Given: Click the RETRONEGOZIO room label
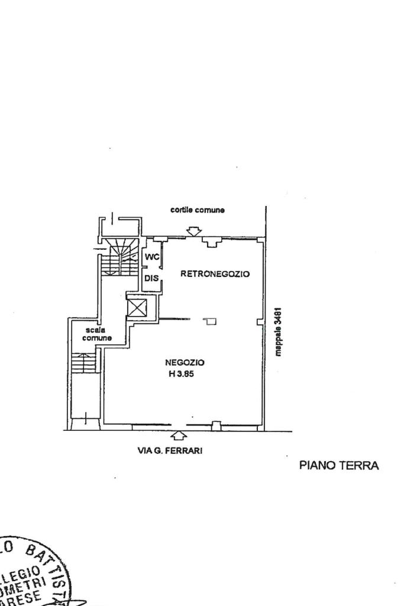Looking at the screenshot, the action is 215,274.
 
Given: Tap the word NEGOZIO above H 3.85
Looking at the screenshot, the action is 185,362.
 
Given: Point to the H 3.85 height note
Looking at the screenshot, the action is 185,373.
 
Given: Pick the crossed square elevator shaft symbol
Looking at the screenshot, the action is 137,307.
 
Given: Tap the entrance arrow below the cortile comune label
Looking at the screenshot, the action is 193,230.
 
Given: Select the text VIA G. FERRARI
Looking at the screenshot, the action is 170,451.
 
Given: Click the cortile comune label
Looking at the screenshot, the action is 198,210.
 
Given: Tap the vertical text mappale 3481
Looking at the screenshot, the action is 279,331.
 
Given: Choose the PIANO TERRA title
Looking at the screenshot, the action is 338,465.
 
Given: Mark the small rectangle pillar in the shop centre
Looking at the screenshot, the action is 211,321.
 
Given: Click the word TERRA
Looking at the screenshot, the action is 358,465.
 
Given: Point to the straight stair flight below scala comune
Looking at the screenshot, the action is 83,362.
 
